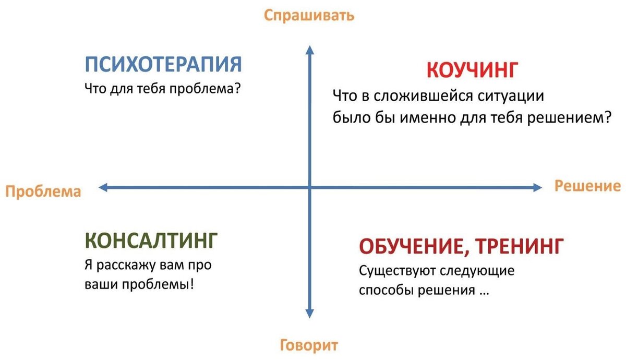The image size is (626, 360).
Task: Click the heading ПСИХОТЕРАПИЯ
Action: [163, 65]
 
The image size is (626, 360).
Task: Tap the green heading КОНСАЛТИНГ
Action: [150, 241]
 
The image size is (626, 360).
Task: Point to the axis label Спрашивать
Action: [309, 15]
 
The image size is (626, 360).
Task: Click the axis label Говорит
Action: [309, 345]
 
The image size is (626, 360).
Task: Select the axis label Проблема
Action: [43, 191]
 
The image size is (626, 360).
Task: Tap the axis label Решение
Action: [587, 186]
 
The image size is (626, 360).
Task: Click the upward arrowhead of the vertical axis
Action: [309, 50]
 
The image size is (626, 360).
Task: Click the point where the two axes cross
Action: [310, 188]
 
